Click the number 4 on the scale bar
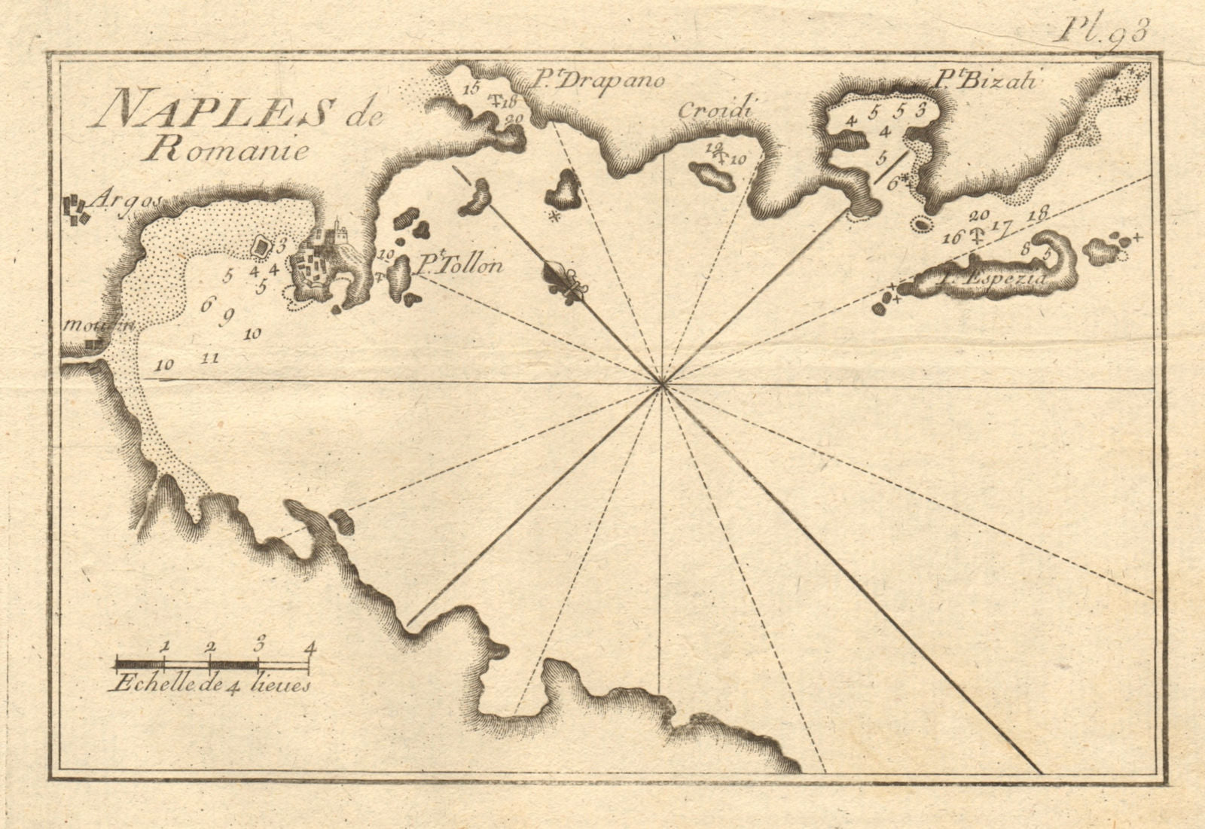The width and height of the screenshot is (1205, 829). (309, 645)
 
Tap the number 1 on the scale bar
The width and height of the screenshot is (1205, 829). (164, 645)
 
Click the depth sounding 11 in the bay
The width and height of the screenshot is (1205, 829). (212, 358)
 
